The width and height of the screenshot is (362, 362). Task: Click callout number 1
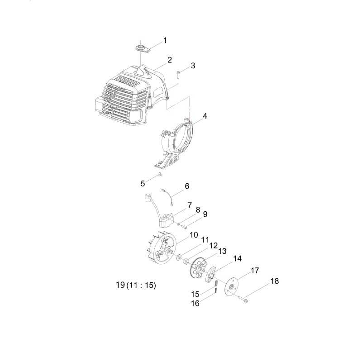point(165,40)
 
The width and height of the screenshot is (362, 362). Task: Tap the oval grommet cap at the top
point(141,47)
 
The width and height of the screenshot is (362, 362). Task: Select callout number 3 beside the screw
point(193,66)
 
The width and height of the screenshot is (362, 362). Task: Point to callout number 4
point(205,116)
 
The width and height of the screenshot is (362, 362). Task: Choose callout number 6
point(187,186)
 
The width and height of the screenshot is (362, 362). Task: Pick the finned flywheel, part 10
point(162,251)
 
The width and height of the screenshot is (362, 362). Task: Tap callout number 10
point(194,235)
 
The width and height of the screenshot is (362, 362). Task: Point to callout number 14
point(237,259)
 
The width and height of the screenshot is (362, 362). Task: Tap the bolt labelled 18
point(247,300)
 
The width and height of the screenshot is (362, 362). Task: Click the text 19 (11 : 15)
point(136,286)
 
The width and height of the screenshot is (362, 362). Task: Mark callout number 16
point(195,303)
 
